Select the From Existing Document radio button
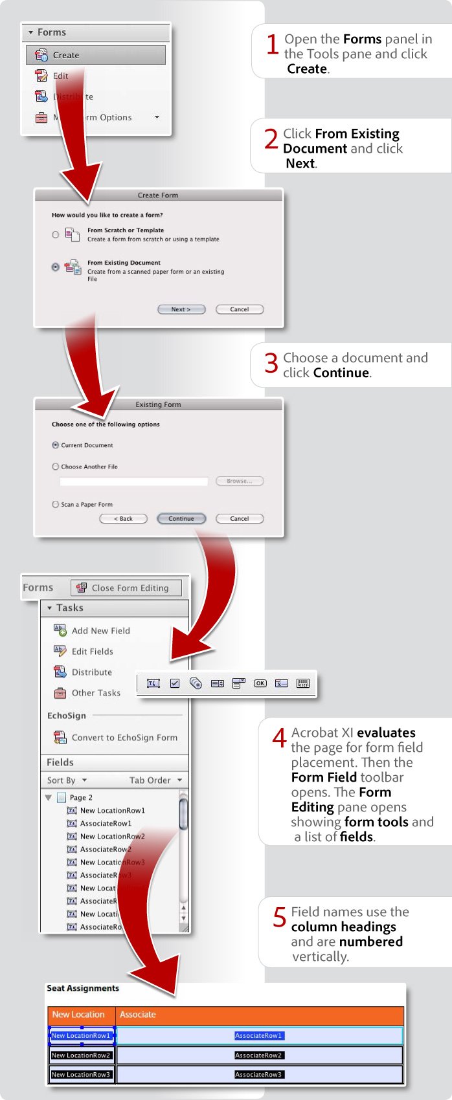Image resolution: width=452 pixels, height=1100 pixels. [56, 267]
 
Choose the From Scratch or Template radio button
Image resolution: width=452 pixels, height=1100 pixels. [56, 234]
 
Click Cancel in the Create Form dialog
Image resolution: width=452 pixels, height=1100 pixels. [240, 309]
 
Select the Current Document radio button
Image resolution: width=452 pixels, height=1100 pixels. [56, 445]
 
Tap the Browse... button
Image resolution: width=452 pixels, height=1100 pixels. [239, 481]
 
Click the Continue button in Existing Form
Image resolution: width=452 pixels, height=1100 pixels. [181, 518]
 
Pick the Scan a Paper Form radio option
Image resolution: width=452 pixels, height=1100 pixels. [56, 504]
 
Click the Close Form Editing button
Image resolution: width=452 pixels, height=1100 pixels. [126, 588]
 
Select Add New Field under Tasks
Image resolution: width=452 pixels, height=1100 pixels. [100, 631]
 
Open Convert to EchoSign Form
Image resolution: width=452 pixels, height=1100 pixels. [124, 738]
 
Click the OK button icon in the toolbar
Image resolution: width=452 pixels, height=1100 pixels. [260, 683]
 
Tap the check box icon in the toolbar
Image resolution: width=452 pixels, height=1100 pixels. [175, 683]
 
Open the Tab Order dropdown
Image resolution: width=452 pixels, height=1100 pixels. [155, 780]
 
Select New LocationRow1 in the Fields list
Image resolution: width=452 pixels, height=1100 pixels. [112, 810]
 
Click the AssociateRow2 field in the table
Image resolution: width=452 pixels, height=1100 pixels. [258, 1055]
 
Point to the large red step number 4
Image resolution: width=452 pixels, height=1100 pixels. [280, 738]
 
